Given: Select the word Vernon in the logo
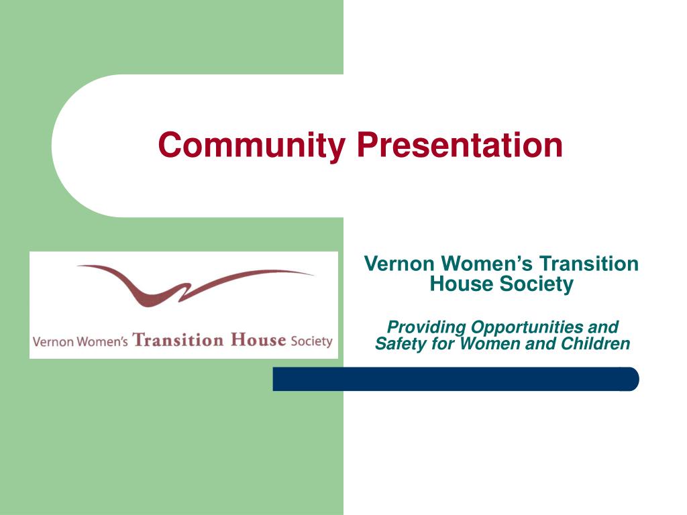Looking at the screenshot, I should (53, 341).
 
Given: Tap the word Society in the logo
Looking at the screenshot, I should (311, 341).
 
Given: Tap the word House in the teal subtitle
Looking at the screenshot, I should (461, 284).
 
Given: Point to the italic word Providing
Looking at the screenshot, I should (427, 327).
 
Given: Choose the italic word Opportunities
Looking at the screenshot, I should (527, 327).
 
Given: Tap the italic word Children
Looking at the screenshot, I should (597, 344).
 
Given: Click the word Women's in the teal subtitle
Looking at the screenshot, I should (488, 264).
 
